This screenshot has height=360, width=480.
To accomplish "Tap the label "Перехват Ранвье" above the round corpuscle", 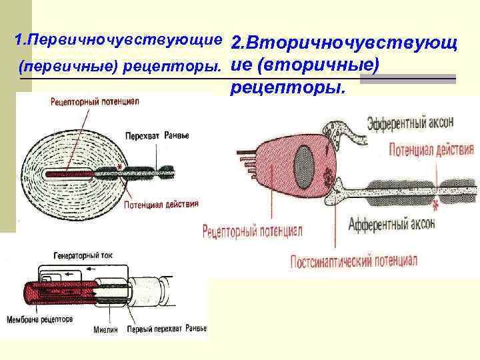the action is point(157,135).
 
